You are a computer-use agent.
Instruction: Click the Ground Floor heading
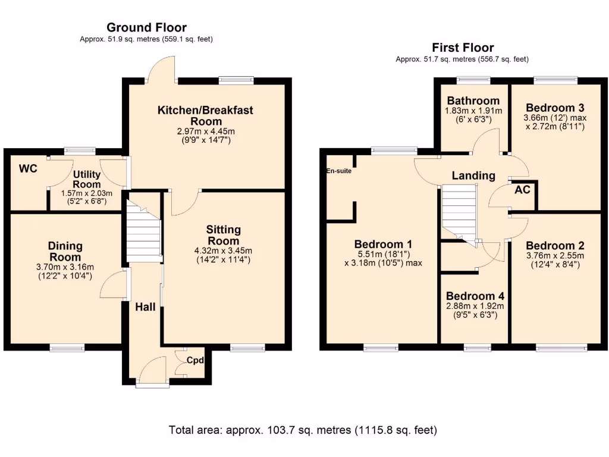tap(146, 27)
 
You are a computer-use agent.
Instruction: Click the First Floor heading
tap(463, 48)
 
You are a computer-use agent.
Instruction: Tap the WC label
tap(29, 168)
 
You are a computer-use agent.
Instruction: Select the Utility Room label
tap(87, 179)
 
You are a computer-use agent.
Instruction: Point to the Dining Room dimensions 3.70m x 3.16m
tap(65, 267)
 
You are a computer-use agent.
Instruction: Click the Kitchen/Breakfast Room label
tap(205, 116)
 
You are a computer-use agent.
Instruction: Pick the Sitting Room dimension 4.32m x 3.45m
tap(224, 251)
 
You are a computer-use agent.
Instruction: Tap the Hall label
tap(145, 307)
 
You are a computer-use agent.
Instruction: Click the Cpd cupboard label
tap(195, 360)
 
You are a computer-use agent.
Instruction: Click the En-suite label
tap(339, 171)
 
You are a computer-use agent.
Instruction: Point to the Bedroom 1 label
tap(383, 245)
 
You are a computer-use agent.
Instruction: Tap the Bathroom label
tap(473, 101)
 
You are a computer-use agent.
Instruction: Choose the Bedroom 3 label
tap(555, 108)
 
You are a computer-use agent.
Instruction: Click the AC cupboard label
tap(522, 190)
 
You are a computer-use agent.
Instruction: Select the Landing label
tap(473, 176)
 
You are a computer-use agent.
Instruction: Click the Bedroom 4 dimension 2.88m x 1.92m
tap(475, 306)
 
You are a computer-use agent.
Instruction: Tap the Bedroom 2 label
tap(555, 246)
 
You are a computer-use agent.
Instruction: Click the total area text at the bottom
tap(303, 430)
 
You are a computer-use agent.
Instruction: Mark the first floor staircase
tap(459, 214)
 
